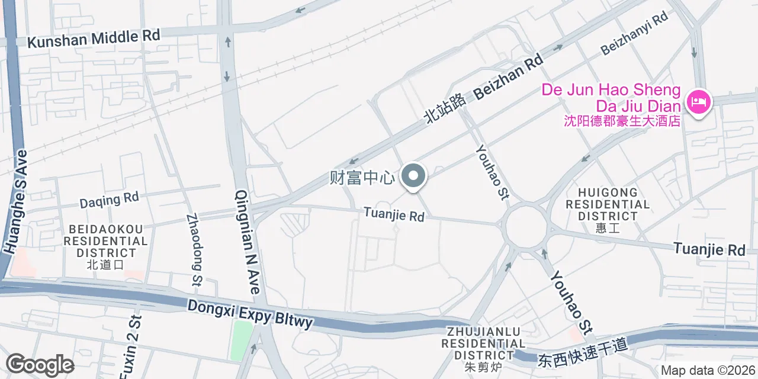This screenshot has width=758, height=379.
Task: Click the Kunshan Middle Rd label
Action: coord(94,38)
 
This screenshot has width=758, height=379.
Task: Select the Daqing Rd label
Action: coord(109,200)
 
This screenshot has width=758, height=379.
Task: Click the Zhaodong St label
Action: coord(194,250)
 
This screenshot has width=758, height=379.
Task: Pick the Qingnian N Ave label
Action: coord(248,242)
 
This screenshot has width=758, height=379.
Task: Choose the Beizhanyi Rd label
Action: coord(634,33)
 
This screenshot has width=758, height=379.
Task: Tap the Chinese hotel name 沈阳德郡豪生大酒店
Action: coord(622,121)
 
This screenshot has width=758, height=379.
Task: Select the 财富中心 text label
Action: coord(362,178)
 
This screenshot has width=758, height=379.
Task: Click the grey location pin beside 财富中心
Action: coord(414,176)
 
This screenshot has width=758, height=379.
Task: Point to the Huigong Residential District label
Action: coord(608,204)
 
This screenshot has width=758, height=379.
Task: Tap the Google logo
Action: coord(40,364)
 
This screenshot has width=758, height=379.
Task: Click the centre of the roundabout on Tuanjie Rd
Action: coord(526,226)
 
